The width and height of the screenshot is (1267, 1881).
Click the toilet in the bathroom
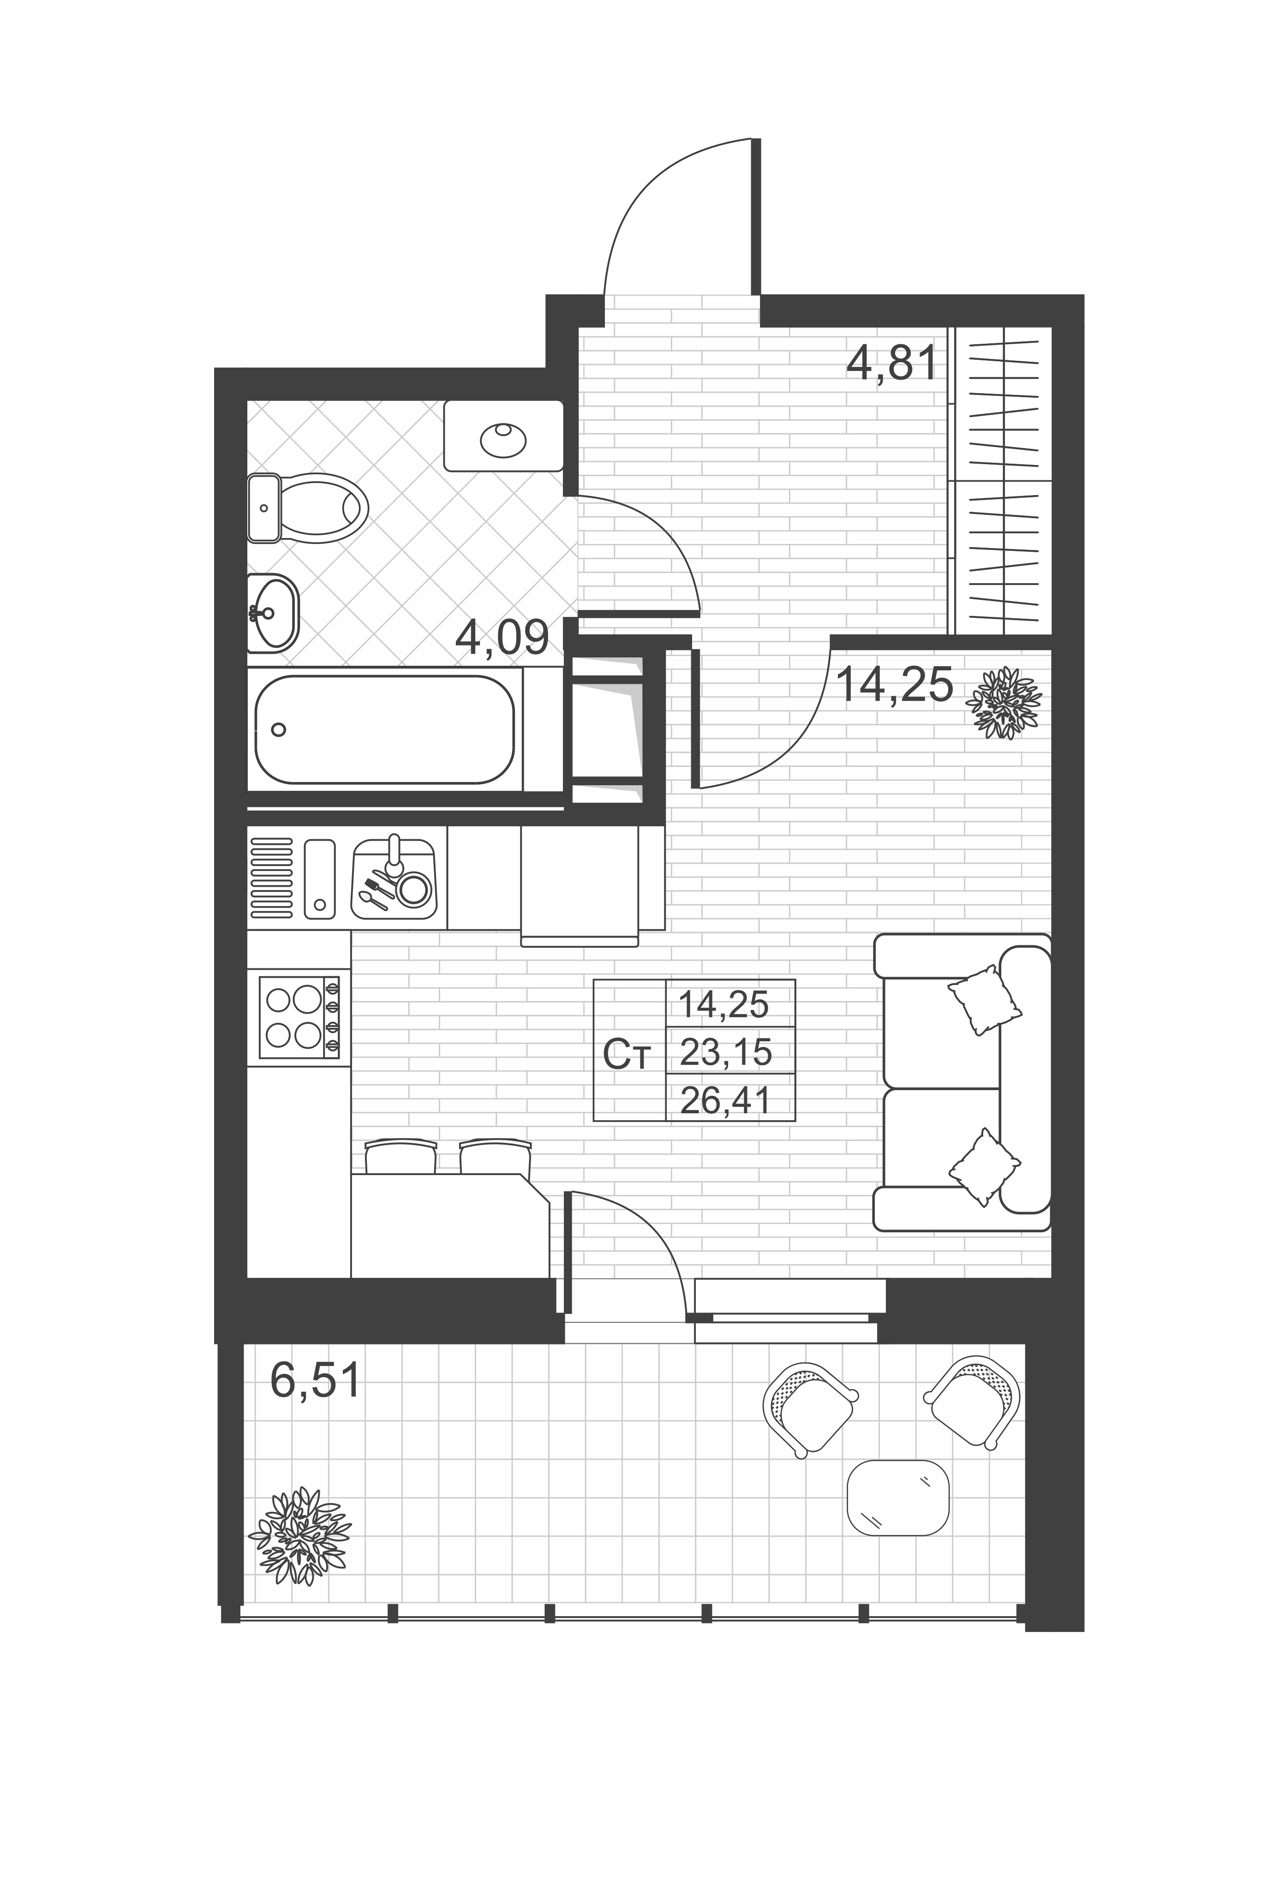[307, 508]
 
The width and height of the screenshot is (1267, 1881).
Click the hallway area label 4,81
[891, 362]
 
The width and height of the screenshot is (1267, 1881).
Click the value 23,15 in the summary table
[726, 1052]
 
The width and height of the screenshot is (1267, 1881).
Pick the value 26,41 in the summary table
[726, 1100]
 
